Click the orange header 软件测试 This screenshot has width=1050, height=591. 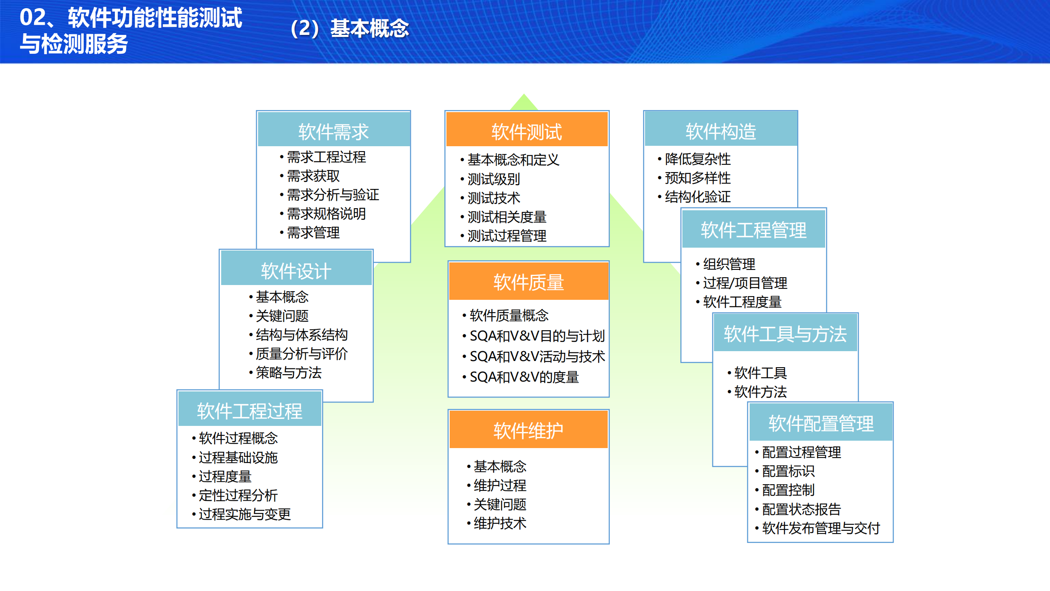pos(526,131)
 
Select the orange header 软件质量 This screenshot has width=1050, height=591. pos(528,282)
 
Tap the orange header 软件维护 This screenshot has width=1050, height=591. pos(528,430)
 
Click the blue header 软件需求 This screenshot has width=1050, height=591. pos(333,131)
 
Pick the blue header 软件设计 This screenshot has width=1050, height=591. pos(296,271)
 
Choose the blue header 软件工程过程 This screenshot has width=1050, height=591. pos(249,411)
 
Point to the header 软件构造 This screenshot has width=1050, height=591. pos(721,131)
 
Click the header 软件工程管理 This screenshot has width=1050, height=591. pos(753,230)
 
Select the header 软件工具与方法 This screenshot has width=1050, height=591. pos(785,333)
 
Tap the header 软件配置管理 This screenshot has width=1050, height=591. pos(821,423)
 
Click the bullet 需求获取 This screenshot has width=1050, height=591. pos(313,176)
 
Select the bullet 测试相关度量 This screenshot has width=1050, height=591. pos(507,217)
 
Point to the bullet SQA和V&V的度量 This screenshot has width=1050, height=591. pos(524,377)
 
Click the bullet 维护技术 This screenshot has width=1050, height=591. pos(499,523)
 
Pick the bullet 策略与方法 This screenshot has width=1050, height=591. pos(288,373)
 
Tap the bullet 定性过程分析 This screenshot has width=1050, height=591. pos(238,495)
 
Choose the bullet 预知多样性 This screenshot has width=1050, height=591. pos(698,178)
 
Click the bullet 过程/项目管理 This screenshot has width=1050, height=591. pos(745,283)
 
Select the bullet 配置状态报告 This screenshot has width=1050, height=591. pos(801,509)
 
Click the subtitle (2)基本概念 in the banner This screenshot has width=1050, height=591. pos(350,29)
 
